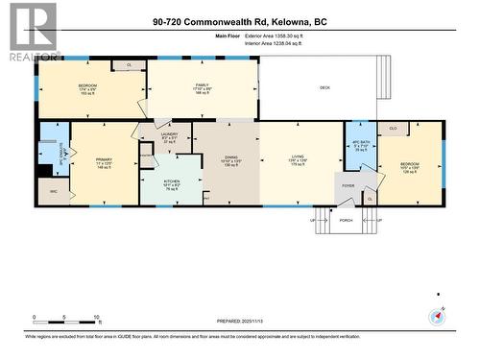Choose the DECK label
coord(324,87)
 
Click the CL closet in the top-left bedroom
coord(129,65)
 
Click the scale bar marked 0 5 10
coord(66,319)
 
